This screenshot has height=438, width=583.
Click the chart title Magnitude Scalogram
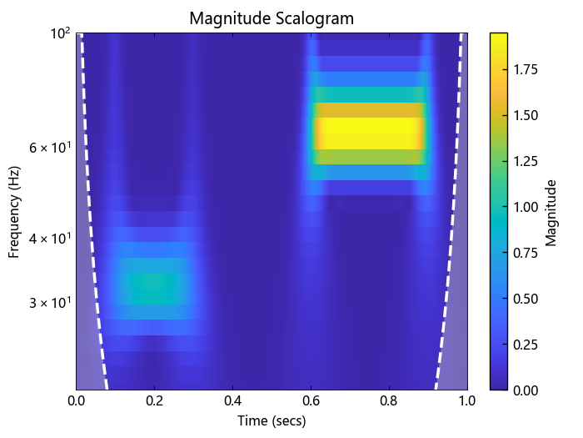[x=272, y=18]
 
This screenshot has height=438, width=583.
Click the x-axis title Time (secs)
[x=272, y=421]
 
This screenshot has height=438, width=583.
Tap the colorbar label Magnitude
[x=551, y=212]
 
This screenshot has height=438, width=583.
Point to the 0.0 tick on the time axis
[x=76, y=400]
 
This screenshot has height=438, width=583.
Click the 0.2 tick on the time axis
[x=154, y=400]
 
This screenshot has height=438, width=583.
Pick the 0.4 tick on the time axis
[x=232, y=400]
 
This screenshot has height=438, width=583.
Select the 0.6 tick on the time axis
[x=311, y=400]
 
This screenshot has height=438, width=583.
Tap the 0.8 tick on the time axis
[x=389, y=400]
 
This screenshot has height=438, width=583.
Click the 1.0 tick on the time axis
[x=467, y=400]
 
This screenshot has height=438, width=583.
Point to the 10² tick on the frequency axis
[x=62, y=33]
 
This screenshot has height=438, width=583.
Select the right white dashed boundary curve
[x=447, y=250]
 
